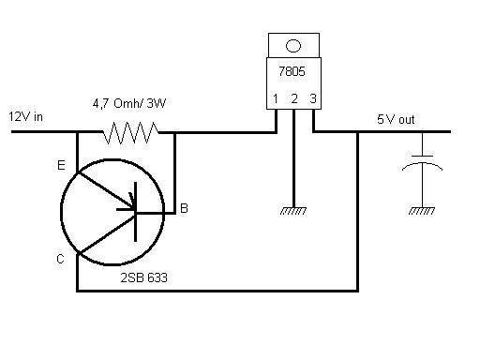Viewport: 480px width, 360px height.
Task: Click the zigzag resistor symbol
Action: (130, 132)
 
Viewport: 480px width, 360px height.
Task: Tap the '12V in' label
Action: (25, 117)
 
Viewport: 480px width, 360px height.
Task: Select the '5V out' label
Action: (396, 119)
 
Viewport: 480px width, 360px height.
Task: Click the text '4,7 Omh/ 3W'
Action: (129, 103)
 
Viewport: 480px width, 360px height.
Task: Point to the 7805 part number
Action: (292, 71)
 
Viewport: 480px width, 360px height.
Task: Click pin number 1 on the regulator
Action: (276, 98)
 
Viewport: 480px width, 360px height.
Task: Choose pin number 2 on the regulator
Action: (294, 98)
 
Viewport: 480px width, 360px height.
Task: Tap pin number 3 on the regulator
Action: (313, 98)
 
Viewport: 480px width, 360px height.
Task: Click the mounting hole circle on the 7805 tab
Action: (293, 46)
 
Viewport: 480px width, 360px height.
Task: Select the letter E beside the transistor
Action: (61, 165)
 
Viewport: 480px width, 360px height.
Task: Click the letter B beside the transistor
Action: (184, 208)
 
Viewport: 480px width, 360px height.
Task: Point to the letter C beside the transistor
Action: (60, 259)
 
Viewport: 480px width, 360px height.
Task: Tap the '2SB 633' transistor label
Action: (144, 277)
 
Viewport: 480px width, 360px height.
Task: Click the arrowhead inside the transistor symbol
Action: (132, 202)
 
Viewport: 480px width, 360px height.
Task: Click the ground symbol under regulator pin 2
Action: (293, 211)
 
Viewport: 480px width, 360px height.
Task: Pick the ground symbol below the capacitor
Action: (422, 211)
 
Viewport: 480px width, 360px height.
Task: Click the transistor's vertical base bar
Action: (135, 212)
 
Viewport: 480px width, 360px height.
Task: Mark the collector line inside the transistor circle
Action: (107, 233)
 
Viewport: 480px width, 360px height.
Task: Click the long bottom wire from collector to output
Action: (217, 291)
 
